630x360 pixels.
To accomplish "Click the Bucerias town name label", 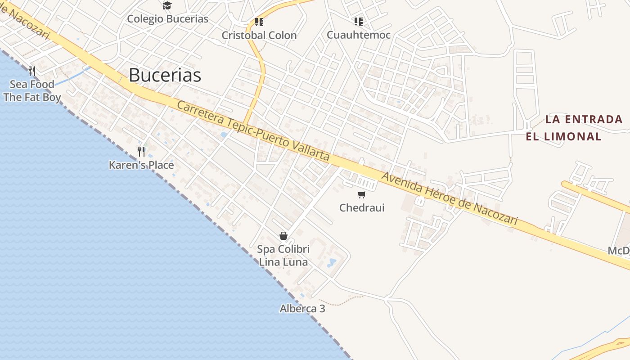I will coord(165,75).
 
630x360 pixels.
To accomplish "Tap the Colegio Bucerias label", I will coord(167,19).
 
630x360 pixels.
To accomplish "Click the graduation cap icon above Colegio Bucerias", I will coord(167,6).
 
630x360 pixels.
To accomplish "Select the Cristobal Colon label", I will coord(259,35).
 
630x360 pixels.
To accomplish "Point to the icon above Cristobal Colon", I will coord(259,22).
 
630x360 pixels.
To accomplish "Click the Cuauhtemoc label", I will coord(359,35).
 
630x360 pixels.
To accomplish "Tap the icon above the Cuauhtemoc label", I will coord(359,21).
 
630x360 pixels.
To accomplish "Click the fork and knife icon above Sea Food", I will coord(32,71).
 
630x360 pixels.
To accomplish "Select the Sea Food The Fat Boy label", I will coord(32,90).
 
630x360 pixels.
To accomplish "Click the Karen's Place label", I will coord(141,165).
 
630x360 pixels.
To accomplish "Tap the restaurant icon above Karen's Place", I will coord(141,151).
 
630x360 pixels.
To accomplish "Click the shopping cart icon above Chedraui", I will coord(361,194).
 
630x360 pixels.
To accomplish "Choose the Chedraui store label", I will coord(362,207).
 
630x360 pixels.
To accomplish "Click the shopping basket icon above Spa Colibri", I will coord(283,236).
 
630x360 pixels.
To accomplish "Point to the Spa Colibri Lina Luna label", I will coord(283,256).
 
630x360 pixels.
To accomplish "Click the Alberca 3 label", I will coord(302,309).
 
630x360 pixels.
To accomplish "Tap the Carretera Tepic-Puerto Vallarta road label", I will coord(253,131).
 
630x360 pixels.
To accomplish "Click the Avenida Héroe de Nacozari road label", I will coord(450,198).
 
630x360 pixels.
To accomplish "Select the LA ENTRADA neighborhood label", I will coord(584,119).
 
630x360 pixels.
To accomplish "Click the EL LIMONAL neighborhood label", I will coord(564,136).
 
